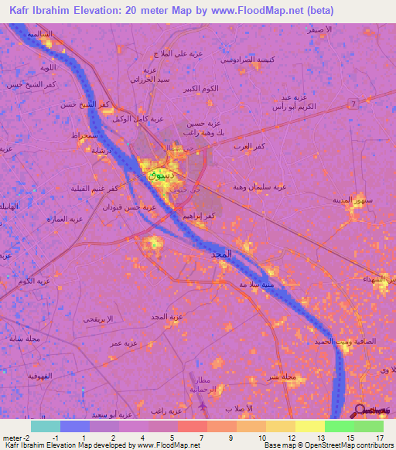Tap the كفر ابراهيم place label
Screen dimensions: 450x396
[x=200, y=216]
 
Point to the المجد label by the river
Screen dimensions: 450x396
[x=222, y=254]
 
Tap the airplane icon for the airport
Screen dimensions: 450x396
[x=203, y=404]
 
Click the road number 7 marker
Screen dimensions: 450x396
[x=352, y=103]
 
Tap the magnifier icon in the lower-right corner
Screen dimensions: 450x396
[x=360, y=410]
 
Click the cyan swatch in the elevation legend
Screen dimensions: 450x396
[x=45, y=426]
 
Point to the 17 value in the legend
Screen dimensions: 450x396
[x=380, y=438]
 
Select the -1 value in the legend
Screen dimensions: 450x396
[x=56, y=438]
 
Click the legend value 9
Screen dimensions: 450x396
[x=231, y=438]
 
